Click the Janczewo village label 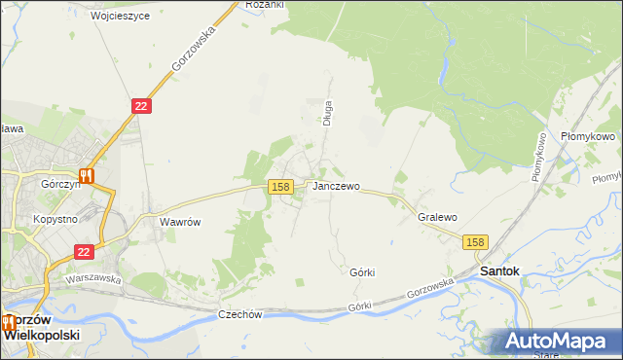click(337, 186)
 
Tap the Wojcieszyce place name click(120, 17)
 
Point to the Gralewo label click(437, 218)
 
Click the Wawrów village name click(179, 222)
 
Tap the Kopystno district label click(55, 220)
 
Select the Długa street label click(329, 113)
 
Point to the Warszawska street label click(92, 278)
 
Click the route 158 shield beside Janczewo click(280, 186)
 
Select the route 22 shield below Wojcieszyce click(141, 105)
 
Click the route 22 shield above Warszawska click(84, 251)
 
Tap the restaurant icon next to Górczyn click(87, 176)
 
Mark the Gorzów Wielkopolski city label click(41, 326)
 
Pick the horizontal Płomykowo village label click(588, 137)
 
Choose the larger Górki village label click(362, 273)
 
